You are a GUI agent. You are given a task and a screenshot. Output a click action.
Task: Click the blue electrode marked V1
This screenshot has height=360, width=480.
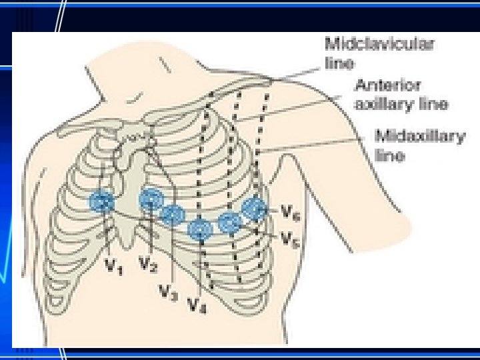103,201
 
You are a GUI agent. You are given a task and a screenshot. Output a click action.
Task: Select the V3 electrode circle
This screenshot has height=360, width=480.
173,215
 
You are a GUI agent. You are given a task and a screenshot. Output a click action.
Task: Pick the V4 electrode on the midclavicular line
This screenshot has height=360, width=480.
200,229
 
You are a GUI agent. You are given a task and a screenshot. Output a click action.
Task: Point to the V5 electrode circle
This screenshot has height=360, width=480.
230,223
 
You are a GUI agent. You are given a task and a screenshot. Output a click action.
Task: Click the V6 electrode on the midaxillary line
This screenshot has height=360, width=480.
254,209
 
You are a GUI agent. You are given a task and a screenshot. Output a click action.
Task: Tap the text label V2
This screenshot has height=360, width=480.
148,265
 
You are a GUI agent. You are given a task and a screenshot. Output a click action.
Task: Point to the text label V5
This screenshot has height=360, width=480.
288,238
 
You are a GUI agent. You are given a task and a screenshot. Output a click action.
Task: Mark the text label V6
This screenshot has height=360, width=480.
288,213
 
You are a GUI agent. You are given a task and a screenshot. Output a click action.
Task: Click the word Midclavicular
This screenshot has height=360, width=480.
379,45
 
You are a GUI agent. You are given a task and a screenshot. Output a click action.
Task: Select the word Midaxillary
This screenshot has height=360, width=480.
420,137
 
